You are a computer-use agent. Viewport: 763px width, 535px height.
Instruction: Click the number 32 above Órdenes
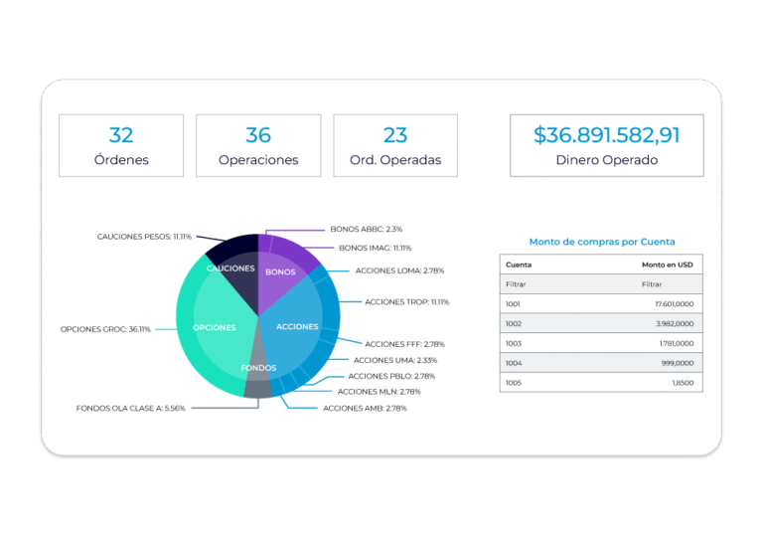point(120,135)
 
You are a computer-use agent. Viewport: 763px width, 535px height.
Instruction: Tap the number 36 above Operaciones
point(258,135)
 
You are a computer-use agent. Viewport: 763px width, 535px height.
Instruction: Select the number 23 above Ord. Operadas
point(395,135)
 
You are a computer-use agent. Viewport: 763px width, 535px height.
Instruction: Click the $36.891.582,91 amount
point(606,135)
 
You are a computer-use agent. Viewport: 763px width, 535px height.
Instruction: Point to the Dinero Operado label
point(606,159)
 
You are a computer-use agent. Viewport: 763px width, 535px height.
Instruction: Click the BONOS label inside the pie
point(281,271)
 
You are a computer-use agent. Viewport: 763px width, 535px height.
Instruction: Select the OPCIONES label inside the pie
point(214,327)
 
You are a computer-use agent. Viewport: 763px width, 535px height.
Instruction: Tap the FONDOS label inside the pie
point(258,368)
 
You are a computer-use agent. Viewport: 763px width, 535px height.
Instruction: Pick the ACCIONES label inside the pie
point(297,327)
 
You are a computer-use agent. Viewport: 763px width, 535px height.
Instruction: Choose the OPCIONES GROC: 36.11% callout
point(105,328)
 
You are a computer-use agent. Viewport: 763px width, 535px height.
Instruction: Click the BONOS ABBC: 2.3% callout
point(366,229)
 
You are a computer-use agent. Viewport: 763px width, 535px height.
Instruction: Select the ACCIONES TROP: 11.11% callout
point(406,301)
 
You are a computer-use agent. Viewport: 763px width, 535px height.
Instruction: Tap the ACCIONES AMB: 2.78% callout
point(365,408)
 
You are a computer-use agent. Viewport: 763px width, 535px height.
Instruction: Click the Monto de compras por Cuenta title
point(602,242)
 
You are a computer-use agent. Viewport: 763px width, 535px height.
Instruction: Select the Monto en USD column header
point(668,265)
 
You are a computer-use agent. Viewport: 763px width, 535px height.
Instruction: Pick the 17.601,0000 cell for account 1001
point(674,303)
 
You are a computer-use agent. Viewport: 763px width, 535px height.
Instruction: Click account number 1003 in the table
point(514,343)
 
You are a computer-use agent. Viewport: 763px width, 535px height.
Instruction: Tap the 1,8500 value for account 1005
point(683,382)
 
